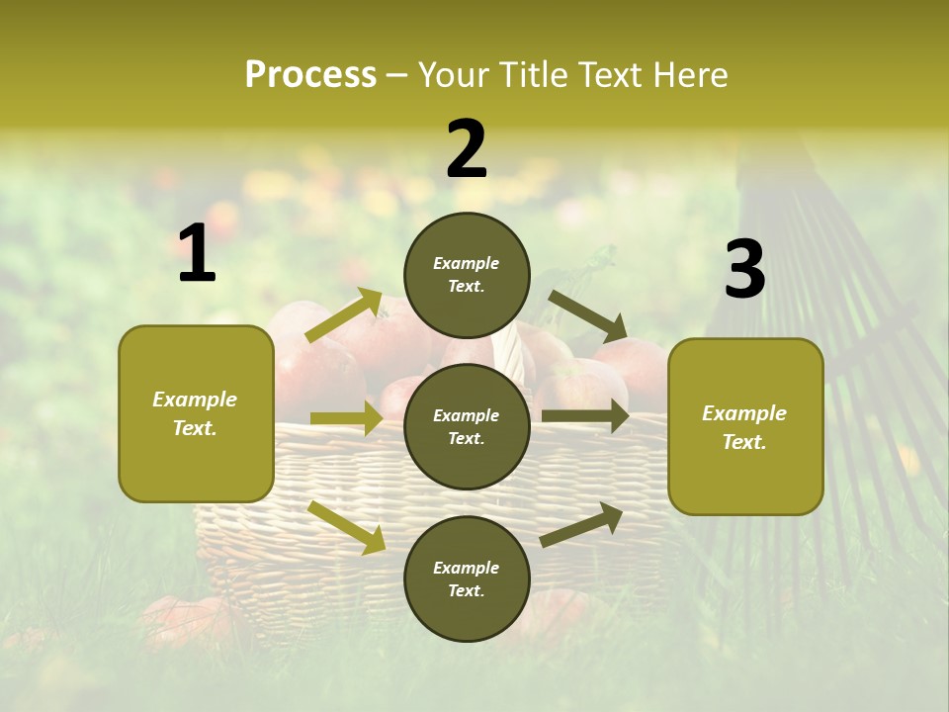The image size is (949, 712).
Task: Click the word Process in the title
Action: tap(310, 75)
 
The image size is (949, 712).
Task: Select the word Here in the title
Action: tap(689, 75)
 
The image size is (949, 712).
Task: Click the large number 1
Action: tap(197, 254)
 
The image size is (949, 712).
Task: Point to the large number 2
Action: tap(467, 149)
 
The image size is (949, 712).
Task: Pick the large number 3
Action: tap(744, 270)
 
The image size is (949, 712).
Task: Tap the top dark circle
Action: tap(467, 275)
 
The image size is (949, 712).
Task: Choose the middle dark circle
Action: tap(467, 426)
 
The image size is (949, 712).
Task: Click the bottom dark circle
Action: tap(467, 578)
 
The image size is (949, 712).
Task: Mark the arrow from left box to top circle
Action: tap(344, 314)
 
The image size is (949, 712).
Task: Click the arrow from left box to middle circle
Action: tap(346, 418)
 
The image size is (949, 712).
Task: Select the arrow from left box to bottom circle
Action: tap(347, 527)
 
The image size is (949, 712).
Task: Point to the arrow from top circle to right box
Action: tap(588, 315)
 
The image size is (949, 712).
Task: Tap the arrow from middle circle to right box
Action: tap(585, 415)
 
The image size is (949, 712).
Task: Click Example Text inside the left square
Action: tap(195, 413)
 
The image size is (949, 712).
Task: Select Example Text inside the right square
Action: tap(744, 427)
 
